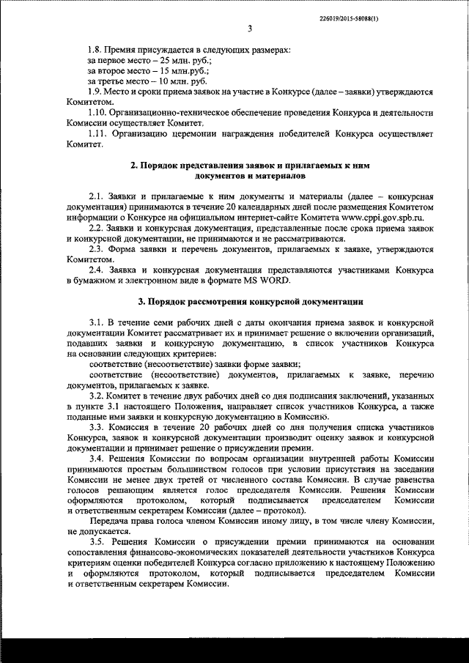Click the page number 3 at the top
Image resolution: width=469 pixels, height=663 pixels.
(x=250, y=29)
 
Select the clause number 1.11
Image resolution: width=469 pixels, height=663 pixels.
(x=98, y=133)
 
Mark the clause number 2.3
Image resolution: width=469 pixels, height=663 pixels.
(x=95, y=249)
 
